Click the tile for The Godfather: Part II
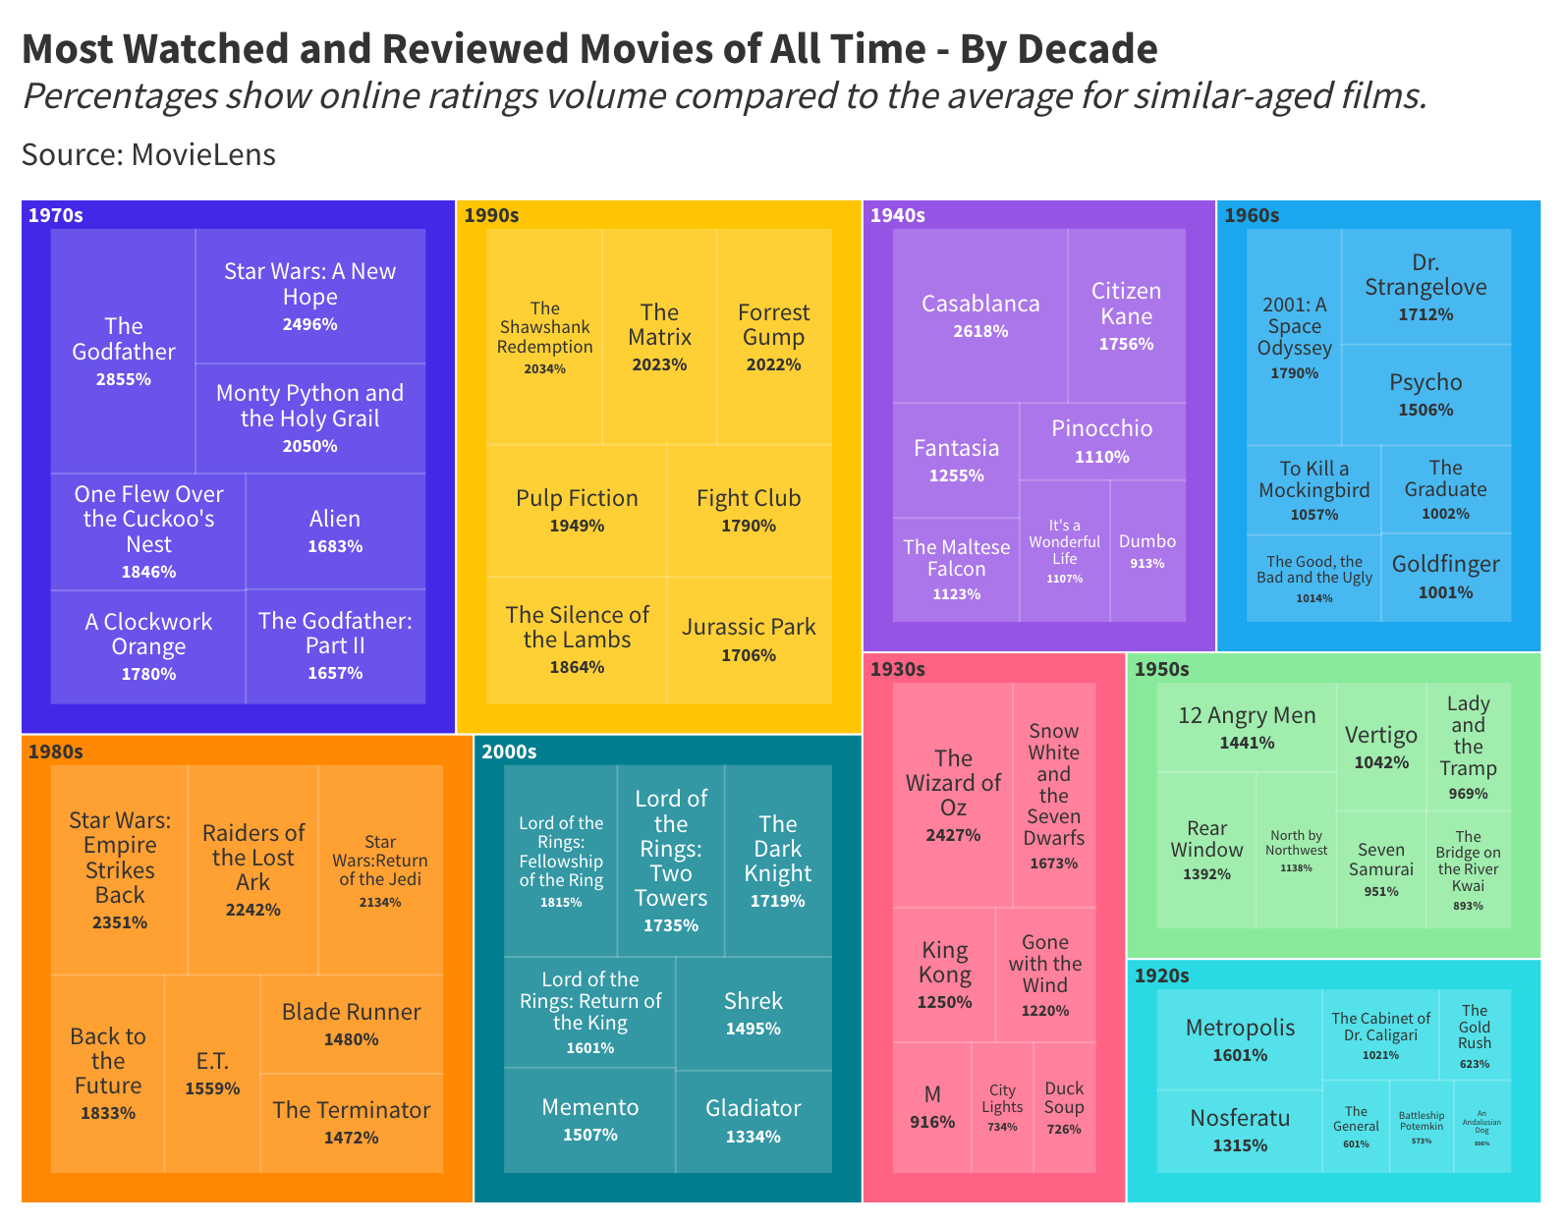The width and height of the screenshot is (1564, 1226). pos(335,645)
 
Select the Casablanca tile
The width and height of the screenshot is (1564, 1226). pos(979,315)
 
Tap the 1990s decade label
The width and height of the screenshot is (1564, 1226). pos(491,215)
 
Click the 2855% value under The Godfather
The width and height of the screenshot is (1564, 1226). pos(124,379)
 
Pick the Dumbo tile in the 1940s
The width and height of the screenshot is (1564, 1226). pos(1147,551)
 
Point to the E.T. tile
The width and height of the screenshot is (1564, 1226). pos(212,1073)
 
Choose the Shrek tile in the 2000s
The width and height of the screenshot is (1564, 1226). pos(754,1013)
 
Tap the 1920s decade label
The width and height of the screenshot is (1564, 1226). pos(1161,975)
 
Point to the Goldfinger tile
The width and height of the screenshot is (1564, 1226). pos(1445,577)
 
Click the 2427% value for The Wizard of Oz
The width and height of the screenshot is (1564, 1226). pos(953,835)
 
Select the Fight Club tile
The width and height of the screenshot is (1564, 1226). pos(749,510)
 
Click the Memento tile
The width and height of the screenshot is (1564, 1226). pos(590,1119)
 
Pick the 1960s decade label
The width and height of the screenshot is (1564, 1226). pos(1251,215)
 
